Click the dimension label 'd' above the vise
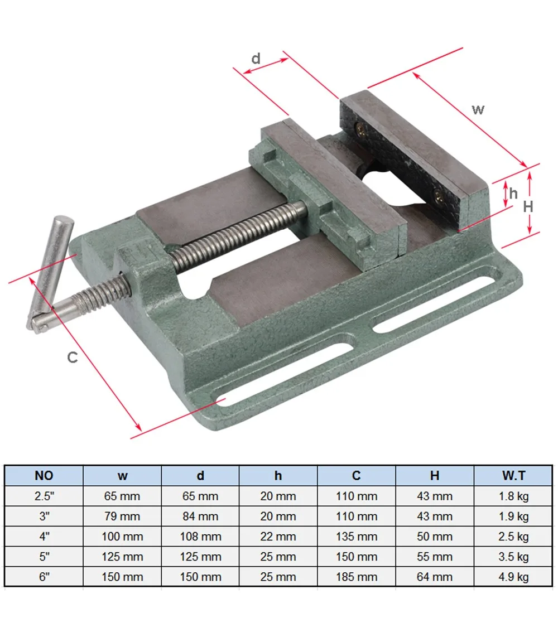pos(256,59)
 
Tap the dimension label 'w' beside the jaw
pos(478,109)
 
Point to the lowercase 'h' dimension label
pos(513,194)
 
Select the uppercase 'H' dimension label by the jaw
pos(528,206)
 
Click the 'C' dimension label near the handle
pos(73,358)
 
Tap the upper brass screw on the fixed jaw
pos(361,128)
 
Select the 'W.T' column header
pos(513,476)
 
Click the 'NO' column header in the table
pos(44,476)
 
